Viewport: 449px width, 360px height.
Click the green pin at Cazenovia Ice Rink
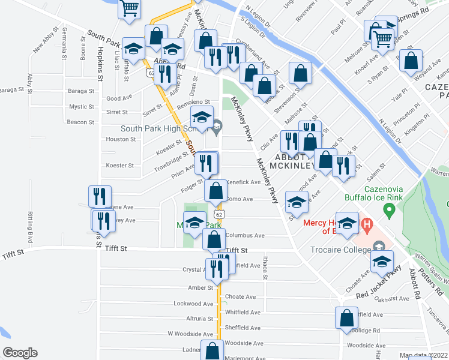pyautogui.click(x=389, y=211)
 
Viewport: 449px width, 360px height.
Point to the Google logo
pyautogui.click(x=20, y=353)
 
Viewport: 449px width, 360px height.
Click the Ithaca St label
pyautogui.click(x=264, y=268)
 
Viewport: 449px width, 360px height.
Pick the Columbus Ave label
pyautogui.click(x=244, y=236)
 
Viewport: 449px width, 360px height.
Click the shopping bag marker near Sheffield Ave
pyautogui.click(x=346, y=317)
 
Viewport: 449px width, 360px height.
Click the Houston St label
pyautogui.click(x=121, y=139)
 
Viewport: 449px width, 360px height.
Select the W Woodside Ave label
pyautogui.click(x=190, y=334)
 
